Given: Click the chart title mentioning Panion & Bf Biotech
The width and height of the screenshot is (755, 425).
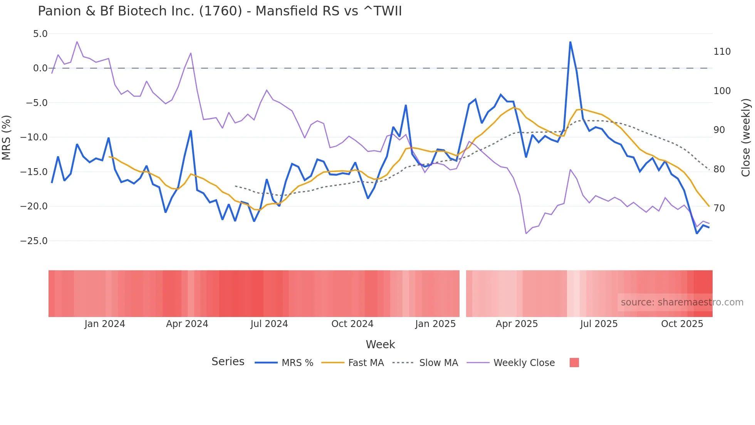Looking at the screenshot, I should pos(220,11).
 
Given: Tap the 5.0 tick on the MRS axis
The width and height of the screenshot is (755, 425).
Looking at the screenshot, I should pos(40,34).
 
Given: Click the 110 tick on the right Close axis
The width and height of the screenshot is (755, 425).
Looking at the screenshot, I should pos(722,52).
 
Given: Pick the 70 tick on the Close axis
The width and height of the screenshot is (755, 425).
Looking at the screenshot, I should pos(719,208).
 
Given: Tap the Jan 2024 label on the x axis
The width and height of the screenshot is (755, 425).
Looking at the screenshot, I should pos(105,324).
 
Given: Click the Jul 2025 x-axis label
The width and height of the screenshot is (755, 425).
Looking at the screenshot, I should pos(599,324).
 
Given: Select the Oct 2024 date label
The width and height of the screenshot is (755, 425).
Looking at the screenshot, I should pos(352,324).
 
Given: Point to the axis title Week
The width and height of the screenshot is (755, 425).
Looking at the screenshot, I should pos(380,344).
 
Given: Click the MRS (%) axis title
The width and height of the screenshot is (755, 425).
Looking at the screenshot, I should pos(7,137).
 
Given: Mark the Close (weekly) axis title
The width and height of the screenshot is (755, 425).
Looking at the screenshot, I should pos(746,137).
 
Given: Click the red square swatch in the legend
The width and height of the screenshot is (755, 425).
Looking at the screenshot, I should pos(574,363).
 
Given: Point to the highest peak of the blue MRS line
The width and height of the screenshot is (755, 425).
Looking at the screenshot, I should pos(570,42).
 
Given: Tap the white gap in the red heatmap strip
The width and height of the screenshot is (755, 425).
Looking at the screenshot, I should pos(463,293).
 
